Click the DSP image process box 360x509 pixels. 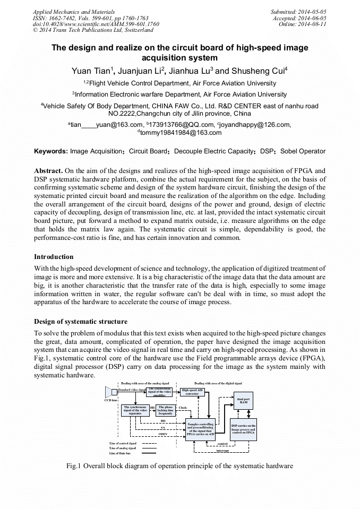coord(243,429)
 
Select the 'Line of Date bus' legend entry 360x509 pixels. coord(122,453)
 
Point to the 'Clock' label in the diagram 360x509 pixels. coord(183,408)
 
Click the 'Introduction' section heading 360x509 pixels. coord(54,257)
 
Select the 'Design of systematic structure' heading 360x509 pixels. coord(80,322)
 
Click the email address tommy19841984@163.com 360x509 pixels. coord(181,132)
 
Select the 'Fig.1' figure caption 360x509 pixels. coord(179,466)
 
